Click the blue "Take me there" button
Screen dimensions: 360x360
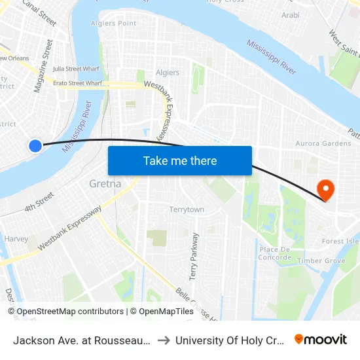(180, 160)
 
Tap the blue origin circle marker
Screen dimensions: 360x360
(35, 146)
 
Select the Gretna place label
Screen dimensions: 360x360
(105, 184)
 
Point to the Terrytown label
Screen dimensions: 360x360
(187, 209)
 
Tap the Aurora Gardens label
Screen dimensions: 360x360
(323, 143)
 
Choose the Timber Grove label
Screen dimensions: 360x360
(321, 261)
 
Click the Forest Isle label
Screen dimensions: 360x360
(340, 241)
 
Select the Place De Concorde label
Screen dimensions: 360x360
(275, 253)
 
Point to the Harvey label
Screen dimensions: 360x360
(16, 239)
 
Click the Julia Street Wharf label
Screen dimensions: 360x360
(76, 68)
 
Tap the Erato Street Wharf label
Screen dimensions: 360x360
(77, 83)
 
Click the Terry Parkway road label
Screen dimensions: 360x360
(194, 256)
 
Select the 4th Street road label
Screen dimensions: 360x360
(39, 203)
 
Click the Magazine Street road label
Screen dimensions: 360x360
(43, 65)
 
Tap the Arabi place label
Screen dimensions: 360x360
(290, 14)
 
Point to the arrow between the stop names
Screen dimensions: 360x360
(164, 340)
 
